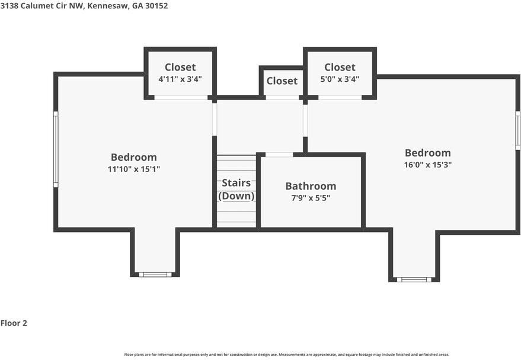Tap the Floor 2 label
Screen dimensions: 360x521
pos(14,323)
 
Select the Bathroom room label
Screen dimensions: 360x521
pos(311,186)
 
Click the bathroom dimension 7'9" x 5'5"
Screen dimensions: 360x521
pos(311,198)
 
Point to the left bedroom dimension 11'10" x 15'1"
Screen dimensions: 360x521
pos(134,169)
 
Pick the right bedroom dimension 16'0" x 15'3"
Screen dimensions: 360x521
pos(427,165)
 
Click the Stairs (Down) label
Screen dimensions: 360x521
pos(236,189)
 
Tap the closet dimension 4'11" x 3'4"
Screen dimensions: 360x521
pos(180,78)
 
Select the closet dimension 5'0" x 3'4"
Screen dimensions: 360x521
pos(340,78)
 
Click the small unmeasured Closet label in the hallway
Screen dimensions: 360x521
pos(282,81)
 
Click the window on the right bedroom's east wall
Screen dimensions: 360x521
pos(517,131)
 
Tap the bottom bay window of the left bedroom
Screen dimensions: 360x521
pos(155,275)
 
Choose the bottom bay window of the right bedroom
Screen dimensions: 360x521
pos(414,279)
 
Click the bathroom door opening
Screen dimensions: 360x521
pos(279,155)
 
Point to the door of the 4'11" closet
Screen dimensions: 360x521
pos(181,97)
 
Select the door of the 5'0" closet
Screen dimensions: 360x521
pos(340,97)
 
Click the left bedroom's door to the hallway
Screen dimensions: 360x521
pos(214,119)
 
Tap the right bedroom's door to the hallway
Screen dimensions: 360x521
pos(305,121)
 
